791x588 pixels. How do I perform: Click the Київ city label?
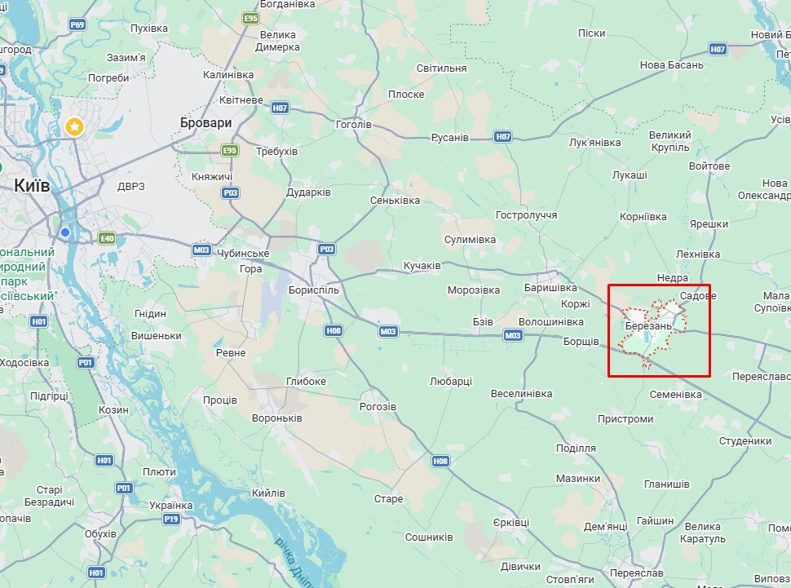[33, 186]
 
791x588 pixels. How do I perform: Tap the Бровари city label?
[205, 122]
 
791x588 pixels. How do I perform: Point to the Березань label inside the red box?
[648, 326]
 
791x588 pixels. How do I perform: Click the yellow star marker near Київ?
[74, 126]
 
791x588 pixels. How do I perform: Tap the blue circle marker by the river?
[65, 233]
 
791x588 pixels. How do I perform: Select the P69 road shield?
[77, 24]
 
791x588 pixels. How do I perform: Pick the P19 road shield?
[170, 519]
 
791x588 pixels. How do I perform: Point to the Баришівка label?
[550, 288]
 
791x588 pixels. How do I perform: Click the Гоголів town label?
[353, 125]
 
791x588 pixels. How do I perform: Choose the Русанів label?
[449, 137]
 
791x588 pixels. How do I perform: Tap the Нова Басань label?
[671, 65]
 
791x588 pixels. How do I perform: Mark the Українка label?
[170, 506]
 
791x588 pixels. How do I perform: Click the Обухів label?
[100, 533]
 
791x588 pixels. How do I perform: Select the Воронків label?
[276, 418]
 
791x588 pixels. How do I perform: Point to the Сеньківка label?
[395, 200]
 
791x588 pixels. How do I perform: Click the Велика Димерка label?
[278, 41]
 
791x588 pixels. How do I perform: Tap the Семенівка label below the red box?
[675, 395]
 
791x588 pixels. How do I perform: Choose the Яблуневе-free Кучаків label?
[422, 266]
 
